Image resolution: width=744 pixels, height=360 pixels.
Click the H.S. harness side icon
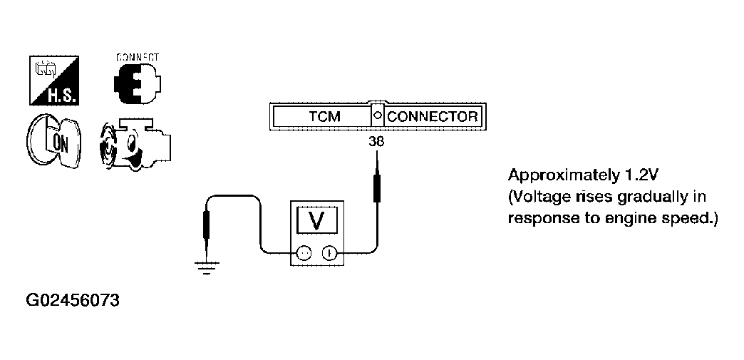54,81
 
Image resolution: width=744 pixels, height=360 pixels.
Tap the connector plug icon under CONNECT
137,83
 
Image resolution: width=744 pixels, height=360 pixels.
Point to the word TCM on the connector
324,116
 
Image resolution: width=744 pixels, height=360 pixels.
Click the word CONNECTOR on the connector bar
433,116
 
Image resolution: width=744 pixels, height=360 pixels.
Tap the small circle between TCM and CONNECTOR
378,115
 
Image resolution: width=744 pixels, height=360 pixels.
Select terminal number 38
377,141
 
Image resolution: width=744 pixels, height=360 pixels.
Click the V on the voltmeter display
316,221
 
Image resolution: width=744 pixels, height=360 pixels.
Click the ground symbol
207,268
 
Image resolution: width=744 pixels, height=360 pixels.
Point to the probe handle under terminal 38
377,188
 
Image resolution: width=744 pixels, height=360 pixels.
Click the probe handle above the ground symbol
207,225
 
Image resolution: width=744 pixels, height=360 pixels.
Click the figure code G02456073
73,300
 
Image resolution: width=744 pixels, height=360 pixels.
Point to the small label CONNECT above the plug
138,58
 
